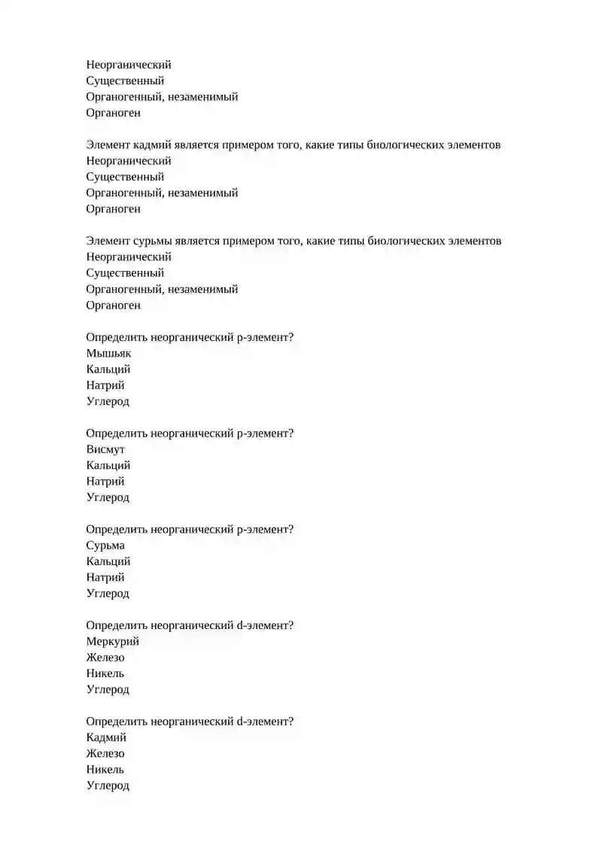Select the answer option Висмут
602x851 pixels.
click(x=105, y=449)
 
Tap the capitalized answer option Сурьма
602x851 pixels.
click(x=105, y=546)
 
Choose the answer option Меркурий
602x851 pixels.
click(x=112, y=641)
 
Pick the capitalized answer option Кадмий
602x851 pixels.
click(x=106, y=737)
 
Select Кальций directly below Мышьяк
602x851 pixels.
click(x=108, y=369)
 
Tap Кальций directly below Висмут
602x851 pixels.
click(x=108, y=465)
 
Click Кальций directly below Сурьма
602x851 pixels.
click(x=108, y=561)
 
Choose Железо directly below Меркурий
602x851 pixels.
click(x=105, y=658)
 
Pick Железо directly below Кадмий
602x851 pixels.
click(x=105, y=753)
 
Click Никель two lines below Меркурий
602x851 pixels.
click(x=105, y=673)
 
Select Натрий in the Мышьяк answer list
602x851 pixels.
click(x=105, y=385)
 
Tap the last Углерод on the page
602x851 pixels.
click(x=108, y=786)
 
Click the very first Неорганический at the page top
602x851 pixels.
click(x=129, y=65)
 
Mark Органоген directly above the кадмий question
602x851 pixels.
click(x=113, y=113)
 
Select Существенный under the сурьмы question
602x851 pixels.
click(x=125, y=273)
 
